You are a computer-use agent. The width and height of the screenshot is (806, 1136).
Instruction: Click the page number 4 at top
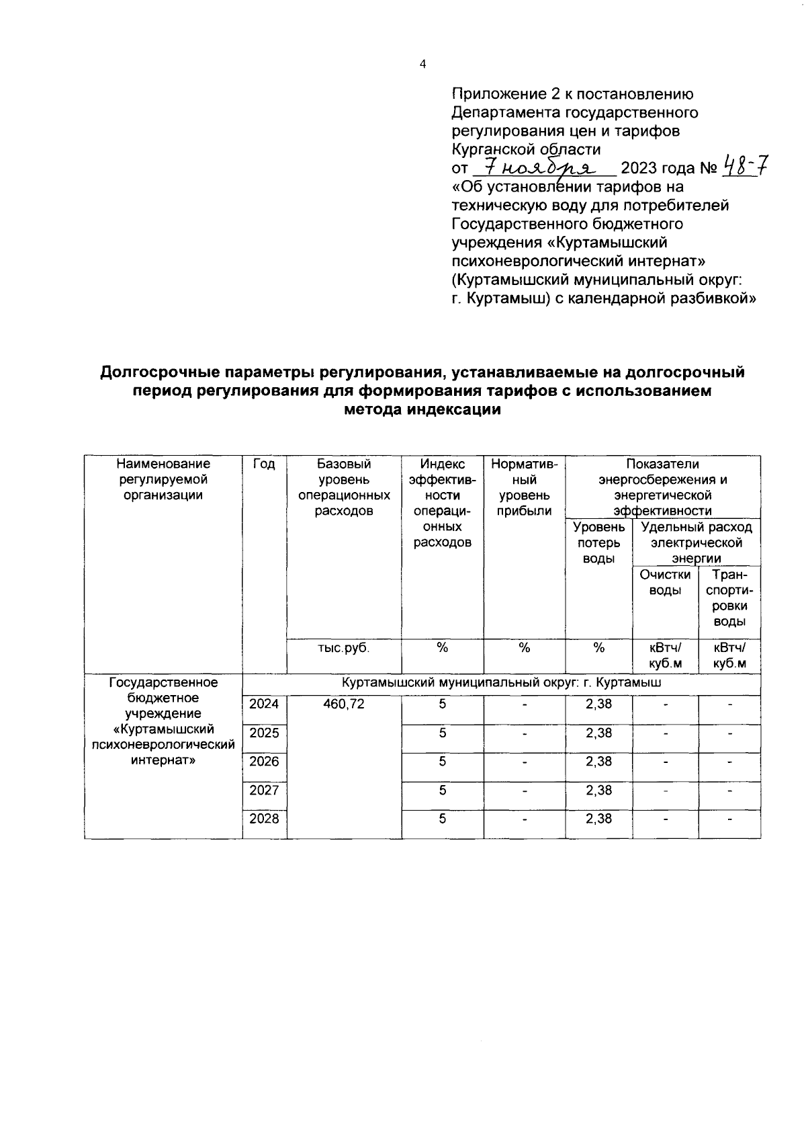[422, 65]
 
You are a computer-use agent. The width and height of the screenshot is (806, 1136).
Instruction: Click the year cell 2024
[264, 704]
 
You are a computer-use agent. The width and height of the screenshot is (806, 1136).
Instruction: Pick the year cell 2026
[264, 761]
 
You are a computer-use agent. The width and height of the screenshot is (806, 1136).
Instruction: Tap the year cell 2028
[264, 818]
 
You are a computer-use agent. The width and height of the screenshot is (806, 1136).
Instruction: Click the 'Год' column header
[264, 464]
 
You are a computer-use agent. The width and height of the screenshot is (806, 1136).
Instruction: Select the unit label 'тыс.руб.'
[344, 648]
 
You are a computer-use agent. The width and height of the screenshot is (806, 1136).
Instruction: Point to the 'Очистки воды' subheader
[665, 583]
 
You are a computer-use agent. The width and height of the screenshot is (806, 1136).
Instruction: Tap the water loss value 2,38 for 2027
[598, 790]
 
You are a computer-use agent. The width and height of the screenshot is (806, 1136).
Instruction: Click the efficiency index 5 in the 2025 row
[443, 733]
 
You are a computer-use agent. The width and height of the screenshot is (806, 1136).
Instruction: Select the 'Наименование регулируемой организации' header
[163, 479]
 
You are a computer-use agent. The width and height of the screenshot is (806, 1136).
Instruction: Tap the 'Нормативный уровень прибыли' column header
[524, 487]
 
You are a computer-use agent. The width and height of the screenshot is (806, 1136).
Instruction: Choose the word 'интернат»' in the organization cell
[163, 760]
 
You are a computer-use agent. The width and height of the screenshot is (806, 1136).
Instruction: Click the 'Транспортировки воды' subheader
[729, 598]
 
